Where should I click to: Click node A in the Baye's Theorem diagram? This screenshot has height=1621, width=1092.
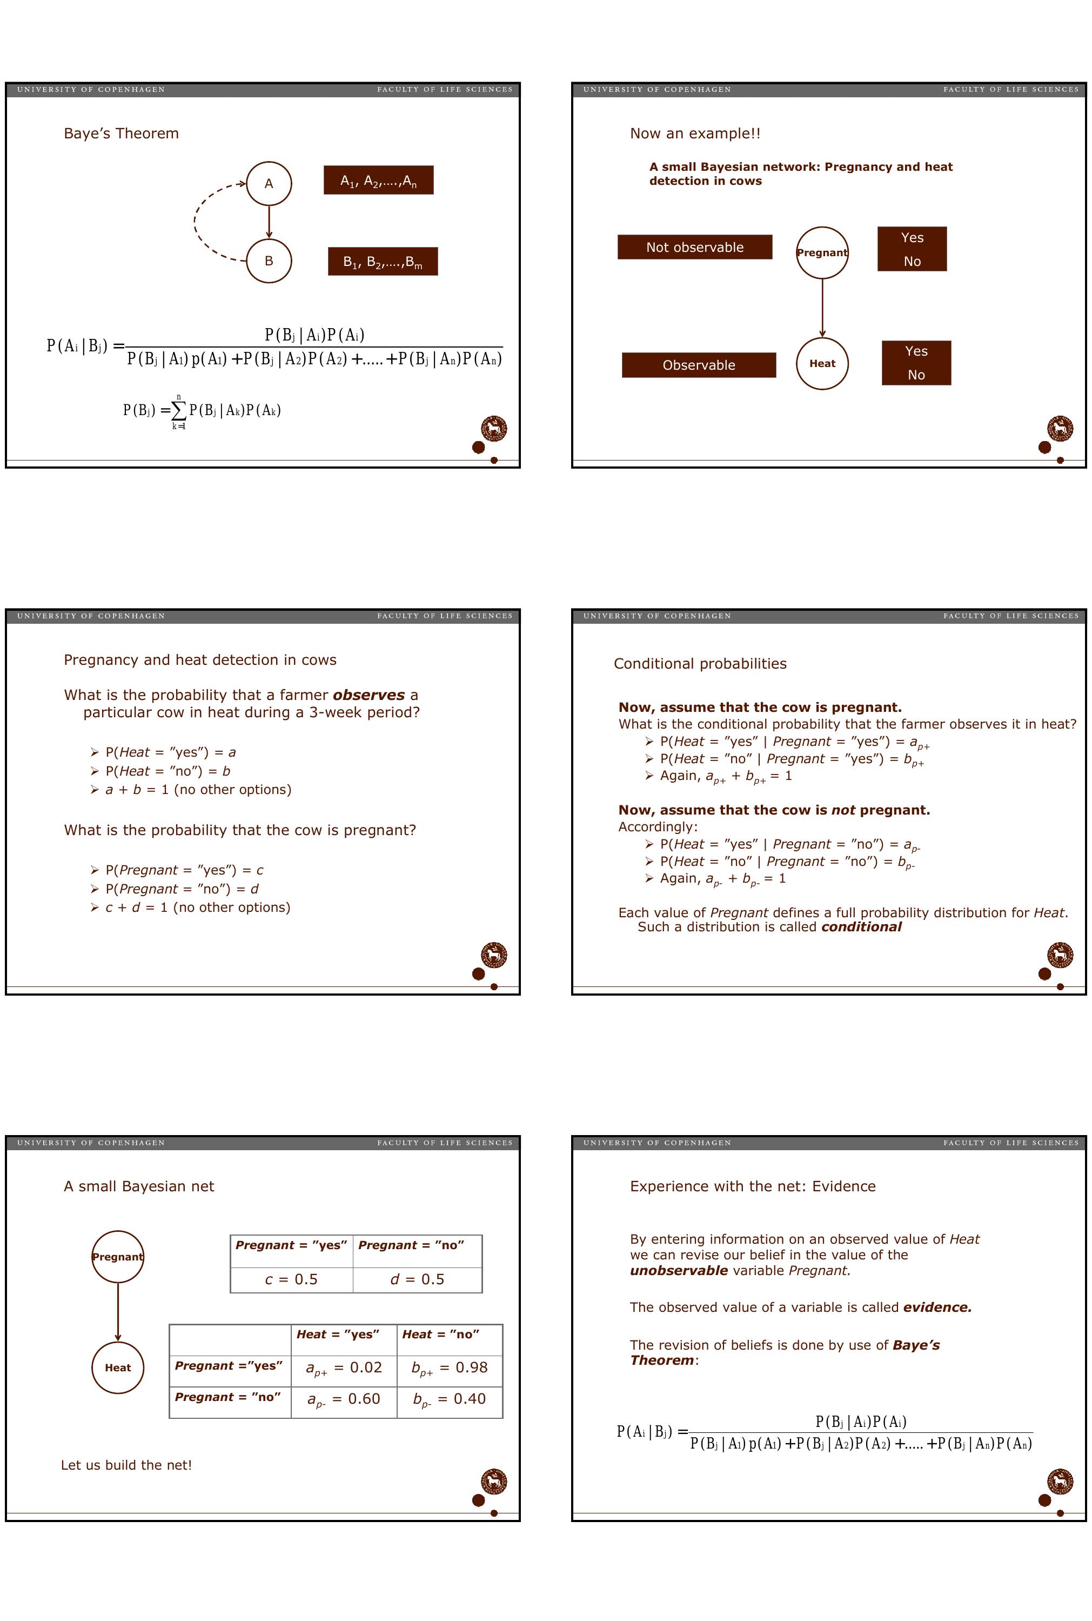[269, 184]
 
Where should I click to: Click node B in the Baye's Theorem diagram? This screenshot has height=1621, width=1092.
[269, 261]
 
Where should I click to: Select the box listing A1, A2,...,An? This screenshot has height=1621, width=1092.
[378, 181]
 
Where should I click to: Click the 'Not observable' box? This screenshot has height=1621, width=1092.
[694, 248]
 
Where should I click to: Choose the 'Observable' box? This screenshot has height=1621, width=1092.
[699, 365]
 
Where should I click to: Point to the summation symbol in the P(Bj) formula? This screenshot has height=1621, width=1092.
[179, 411]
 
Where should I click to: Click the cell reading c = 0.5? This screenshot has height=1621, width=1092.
[291, 1279]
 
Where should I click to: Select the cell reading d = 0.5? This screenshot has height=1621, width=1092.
[417, 1279]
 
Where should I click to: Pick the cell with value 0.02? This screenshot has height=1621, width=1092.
[344, 1367]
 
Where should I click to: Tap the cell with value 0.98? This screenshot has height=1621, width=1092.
[449, 1367]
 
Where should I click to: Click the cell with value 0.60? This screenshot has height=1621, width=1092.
[344, 1399]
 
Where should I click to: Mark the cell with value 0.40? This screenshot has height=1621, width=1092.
[449, 1399]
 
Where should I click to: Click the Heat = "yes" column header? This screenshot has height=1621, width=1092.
[338, 1334]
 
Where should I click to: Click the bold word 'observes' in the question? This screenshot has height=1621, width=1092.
[369, 695]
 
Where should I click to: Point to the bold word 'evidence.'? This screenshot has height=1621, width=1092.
[937, 1308]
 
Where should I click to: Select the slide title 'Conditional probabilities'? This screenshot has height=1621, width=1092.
[700, 664]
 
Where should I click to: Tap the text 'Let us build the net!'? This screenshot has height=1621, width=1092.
[126, 1465]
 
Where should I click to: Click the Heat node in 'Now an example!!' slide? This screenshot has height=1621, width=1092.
[822, 364]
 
